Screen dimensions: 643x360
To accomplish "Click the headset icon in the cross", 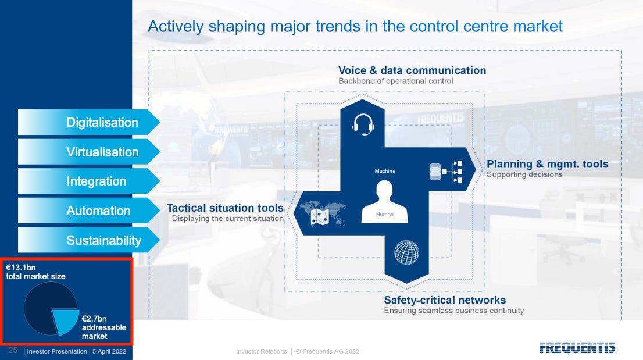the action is [x=363, y=124].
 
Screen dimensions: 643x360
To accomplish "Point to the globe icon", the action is [x=406, y=252].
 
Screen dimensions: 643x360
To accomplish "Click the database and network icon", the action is [x=446, y=172].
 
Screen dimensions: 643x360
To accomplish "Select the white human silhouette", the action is [x=384, y=202].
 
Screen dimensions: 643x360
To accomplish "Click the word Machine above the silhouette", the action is [x=385, y=171].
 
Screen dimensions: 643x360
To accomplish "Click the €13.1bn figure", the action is [x=20, y=268].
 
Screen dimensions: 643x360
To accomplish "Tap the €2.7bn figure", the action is [x=94, y=319].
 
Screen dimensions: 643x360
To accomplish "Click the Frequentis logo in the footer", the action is [x=577, y=348].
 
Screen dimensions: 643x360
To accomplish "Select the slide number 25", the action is [x=13, y=350].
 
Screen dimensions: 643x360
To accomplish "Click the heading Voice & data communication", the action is [x=412, y=70].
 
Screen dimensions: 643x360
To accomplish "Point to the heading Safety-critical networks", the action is [x=445, y=300].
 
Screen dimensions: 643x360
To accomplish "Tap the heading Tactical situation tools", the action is [x=225, y=208].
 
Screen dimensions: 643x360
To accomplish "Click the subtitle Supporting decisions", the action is [x=524, y=174].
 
